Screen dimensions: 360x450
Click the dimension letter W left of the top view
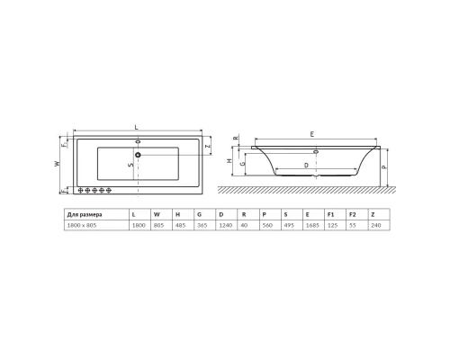(57, 164)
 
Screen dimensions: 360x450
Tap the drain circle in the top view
(138, 156)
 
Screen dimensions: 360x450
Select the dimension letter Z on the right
(207, 146)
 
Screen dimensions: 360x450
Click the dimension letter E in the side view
(310, 134)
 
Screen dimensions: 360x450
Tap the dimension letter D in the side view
(306, 166)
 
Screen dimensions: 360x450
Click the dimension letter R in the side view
(235, 139)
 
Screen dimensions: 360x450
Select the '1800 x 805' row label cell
(83, 225)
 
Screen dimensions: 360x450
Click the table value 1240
(221, 225)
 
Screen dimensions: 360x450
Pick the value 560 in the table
(265, 225)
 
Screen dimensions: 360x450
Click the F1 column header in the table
(331, 214)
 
